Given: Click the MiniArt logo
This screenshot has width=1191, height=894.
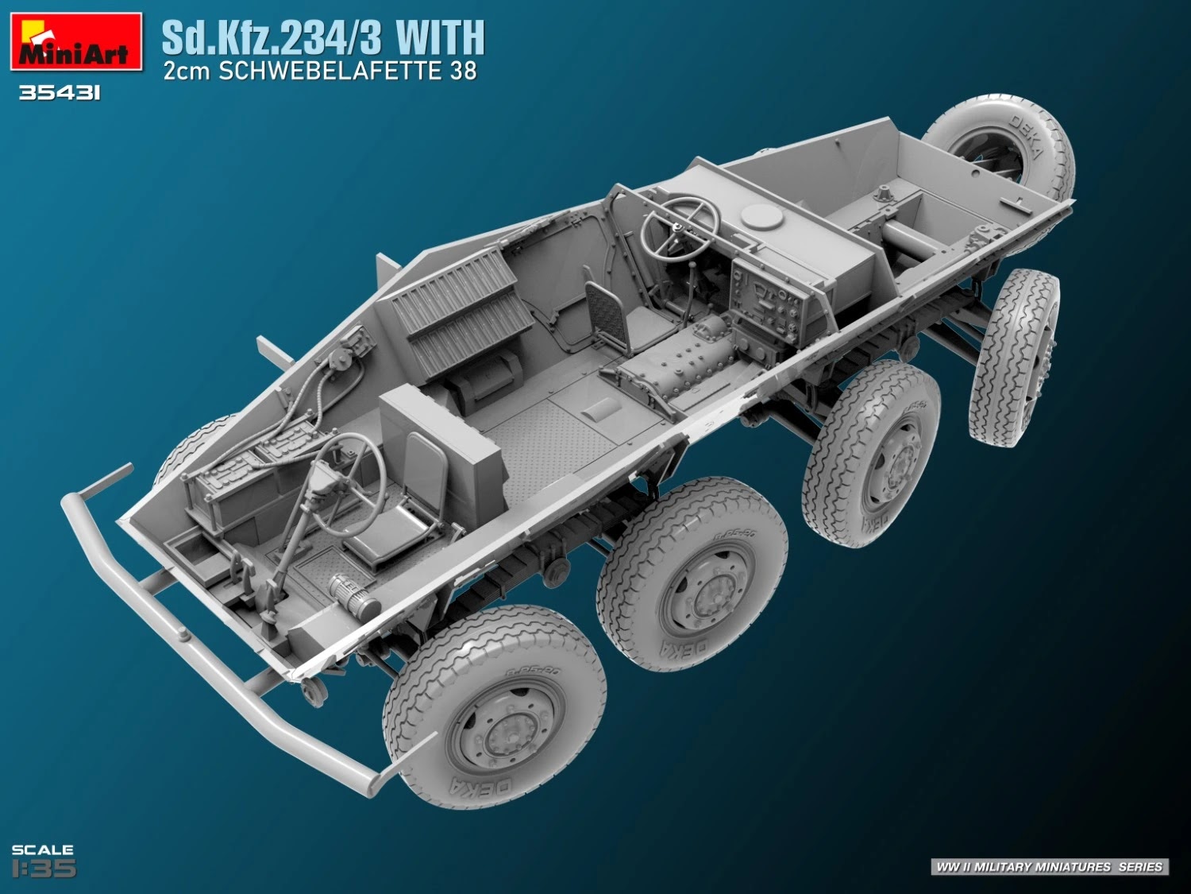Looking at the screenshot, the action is pos(76,42).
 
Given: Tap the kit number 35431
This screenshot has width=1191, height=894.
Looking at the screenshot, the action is pos(60,94).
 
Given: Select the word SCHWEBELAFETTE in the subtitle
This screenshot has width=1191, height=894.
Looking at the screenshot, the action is pos(333,72).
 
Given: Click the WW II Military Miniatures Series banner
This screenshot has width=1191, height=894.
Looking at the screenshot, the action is pos(1049,866).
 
